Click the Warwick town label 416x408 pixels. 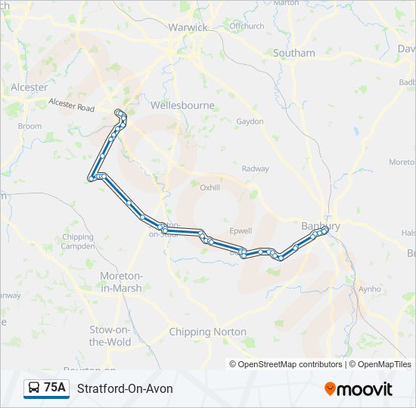pyautogui.click(x=188, y=27)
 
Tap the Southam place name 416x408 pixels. pyautogui.click(x=294, y=54)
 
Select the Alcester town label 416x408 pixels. pyautogui.click(x=29, y=88)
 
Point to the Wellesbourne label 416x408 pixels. pyautogui.click(x=182, y=106)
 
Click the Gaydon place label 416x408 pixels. pyautogui.click(x=250, y=122)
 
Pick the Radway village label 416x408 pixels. pyautogui.click(x=255, y=168)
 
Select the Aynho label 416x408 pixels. pyautogui.click(x=370, y=289)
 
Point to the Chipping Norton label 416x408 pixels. pyautogui.click(x=207, y=332)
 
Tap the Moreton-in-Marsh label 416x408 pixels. pyautogui.click(x=121, y=282)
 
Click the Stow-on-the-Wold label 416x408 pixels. pyautogui.click(x=110, y=336)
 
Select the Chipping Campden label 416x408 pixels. pyautogui.click(x=78, y=242)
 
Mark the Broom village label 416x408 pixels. pyautogui.click(x=29, y=126)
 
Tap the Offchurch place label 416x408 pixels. pyautogui.click(x=247, y=26)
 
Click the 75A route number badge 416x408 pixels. pyautogui.click(x=46, y=388)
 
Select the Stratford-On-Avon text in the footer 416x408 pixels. pyautogui.click(x=125, y=388)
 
